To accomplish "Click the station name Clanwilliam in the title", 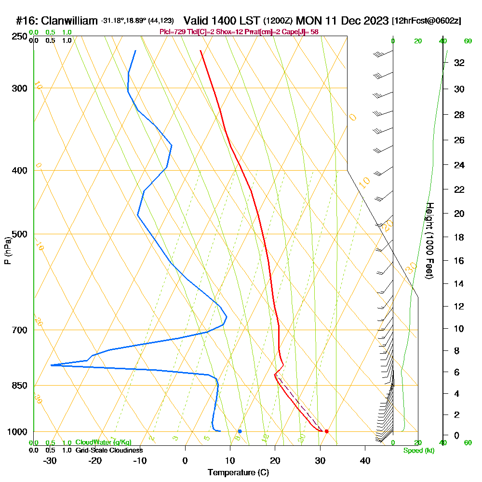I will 70,21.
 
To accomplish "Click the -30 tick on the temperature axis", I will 50,461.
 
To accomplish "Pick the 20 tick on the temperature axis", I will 275,461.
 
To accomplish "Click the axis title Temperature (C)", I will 238,473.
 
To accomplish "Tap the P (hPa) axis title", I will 8,250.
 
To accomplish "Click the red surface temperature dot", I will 326,431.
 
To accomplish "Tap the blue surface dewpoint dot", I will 240,431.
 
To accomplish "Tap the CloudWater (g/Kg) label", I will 103,442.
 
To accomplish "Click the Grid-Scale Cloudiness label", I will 109,450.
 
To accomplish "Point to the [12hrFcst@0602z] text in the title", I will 427,21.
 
